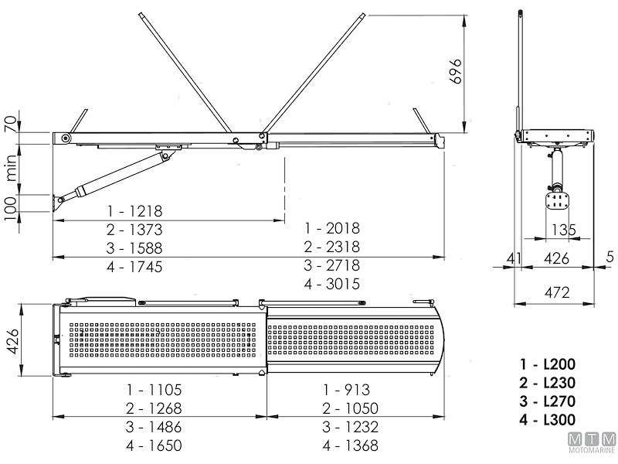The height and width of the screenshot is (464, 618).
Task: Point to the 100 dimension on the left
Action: [x=10, y=206]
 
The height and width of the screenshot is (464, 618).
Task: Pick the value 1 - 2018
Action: [x=332, y=228]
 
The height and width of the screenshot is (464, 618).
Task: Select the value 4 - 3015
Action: [x=332, y=284]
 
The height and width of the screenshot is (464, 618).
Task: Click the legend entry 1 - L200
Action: [x=550, y=364]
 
